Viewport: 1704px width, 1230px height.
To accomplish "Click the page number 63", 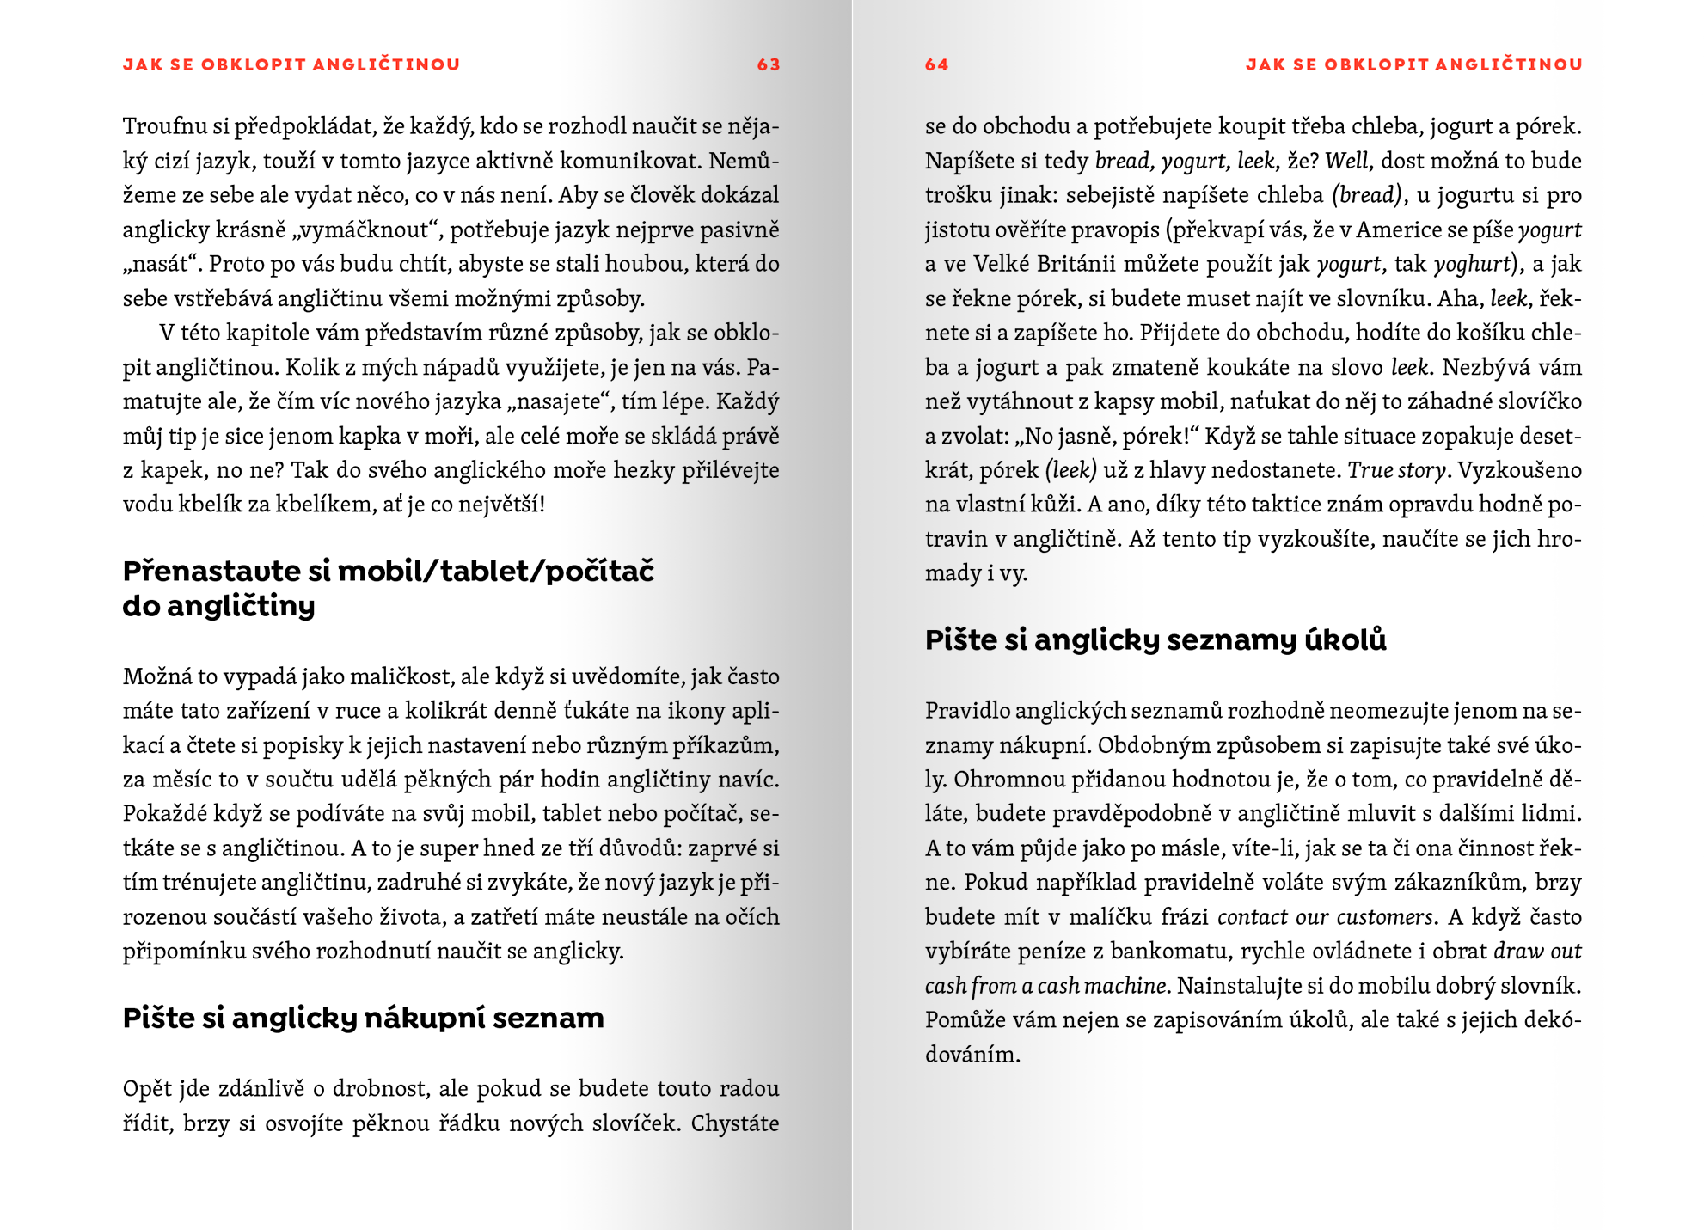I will click(768, 64).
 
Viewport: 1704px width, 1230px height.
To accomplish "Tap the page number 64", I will click(936, 64).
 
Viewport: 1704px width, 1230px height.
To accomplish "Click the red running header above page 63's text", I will click(291, 64).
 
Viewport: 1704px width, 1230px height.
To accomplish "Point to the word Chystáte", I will click(735, 1123).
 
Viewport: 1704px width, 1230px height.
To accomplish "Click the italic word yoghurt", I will click(1472, 264).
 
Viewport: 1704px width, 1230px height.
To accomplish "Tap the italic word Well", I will click(1345, 161).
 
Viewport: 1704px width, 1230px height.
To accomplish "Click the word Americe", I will click(1408, 229).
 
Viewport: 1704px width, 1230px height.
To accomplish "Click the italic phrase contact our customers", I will click(1325, 917).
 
